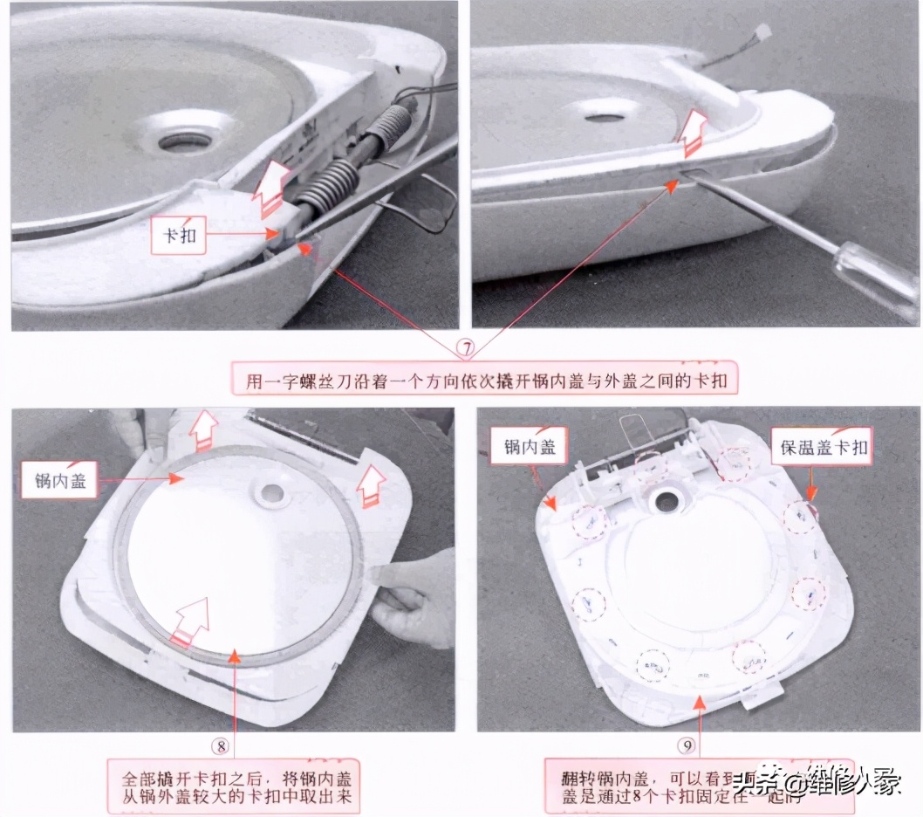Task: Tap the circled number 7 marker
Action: pos(468,347)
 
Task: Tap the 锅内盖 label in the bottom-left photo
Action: pos(60,480)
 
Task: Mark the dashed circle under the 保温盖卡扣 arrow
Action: pos(801,518)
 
